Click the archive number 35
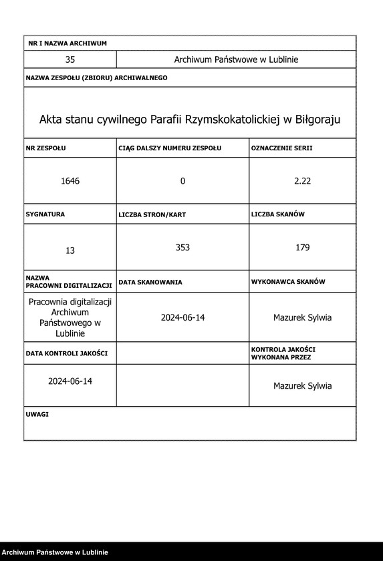70,59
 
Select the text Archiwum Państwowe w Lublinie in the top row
236,59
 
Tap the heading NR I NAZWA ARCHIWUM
68,43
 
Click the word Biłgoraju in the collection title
319,120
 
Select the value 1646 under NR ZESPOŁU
70,181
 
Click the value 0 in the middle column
182,181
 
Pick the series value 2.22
303,181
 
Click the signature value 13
70,250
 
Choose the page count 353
182,247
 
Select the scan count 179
303,247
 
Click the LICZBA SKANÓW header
278,214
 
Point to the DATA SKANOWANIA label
150,283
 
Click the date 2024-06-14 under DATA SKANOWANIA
182,317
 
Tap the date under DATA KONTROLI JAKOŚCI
70,381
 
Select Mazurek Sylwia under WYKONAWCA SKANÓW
302,317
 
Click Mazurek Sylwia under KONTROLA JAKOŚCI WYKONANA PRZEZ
302,385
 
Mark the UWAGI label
37,414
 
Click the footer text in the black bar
55,552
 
